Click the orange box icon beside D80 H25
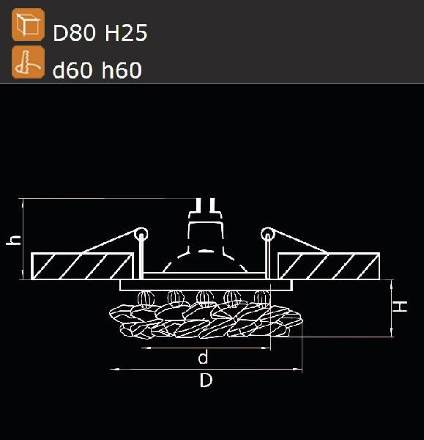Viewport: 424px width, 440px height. tap(27, 26)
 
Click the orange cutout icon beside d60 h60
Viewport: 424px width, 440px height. tap(27, 62)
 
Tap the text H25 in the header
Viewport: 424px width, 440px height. tap(127, 33)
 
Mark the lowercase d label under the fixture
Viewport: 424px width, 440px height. tap(204, 358)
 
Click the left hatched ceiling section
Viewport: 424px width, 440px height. tap(82, 265)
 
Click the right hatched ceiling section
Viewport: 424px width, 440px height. tap(329, 265)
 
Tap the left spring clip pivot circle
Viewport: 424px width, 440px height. tap(141, 235)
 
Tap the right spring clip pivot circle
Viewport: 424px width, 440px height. tap(268, 235)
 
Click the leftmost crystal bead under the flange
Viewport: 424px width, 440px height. tap(144, 298)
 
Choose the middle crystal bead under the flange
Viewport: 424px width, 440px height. tap(203, 298)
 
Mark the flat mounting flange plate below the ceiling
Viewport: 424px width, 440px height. tap(205, 284)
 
